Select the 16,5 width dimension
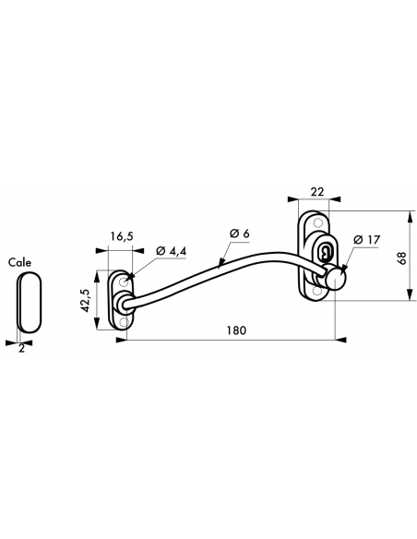[x=122, y=236]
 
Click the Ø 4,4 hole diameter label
[x=173, y=250]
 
